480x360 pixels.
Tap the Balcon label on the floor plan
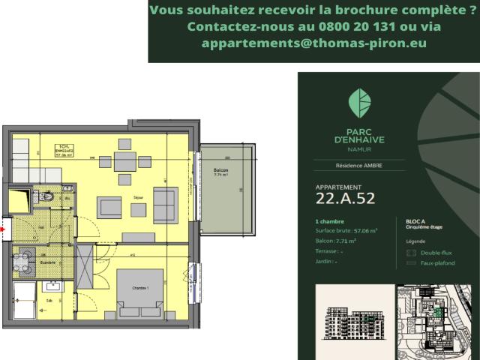pos(220,171)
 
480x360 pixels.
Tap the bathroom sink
pos(53,286)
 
